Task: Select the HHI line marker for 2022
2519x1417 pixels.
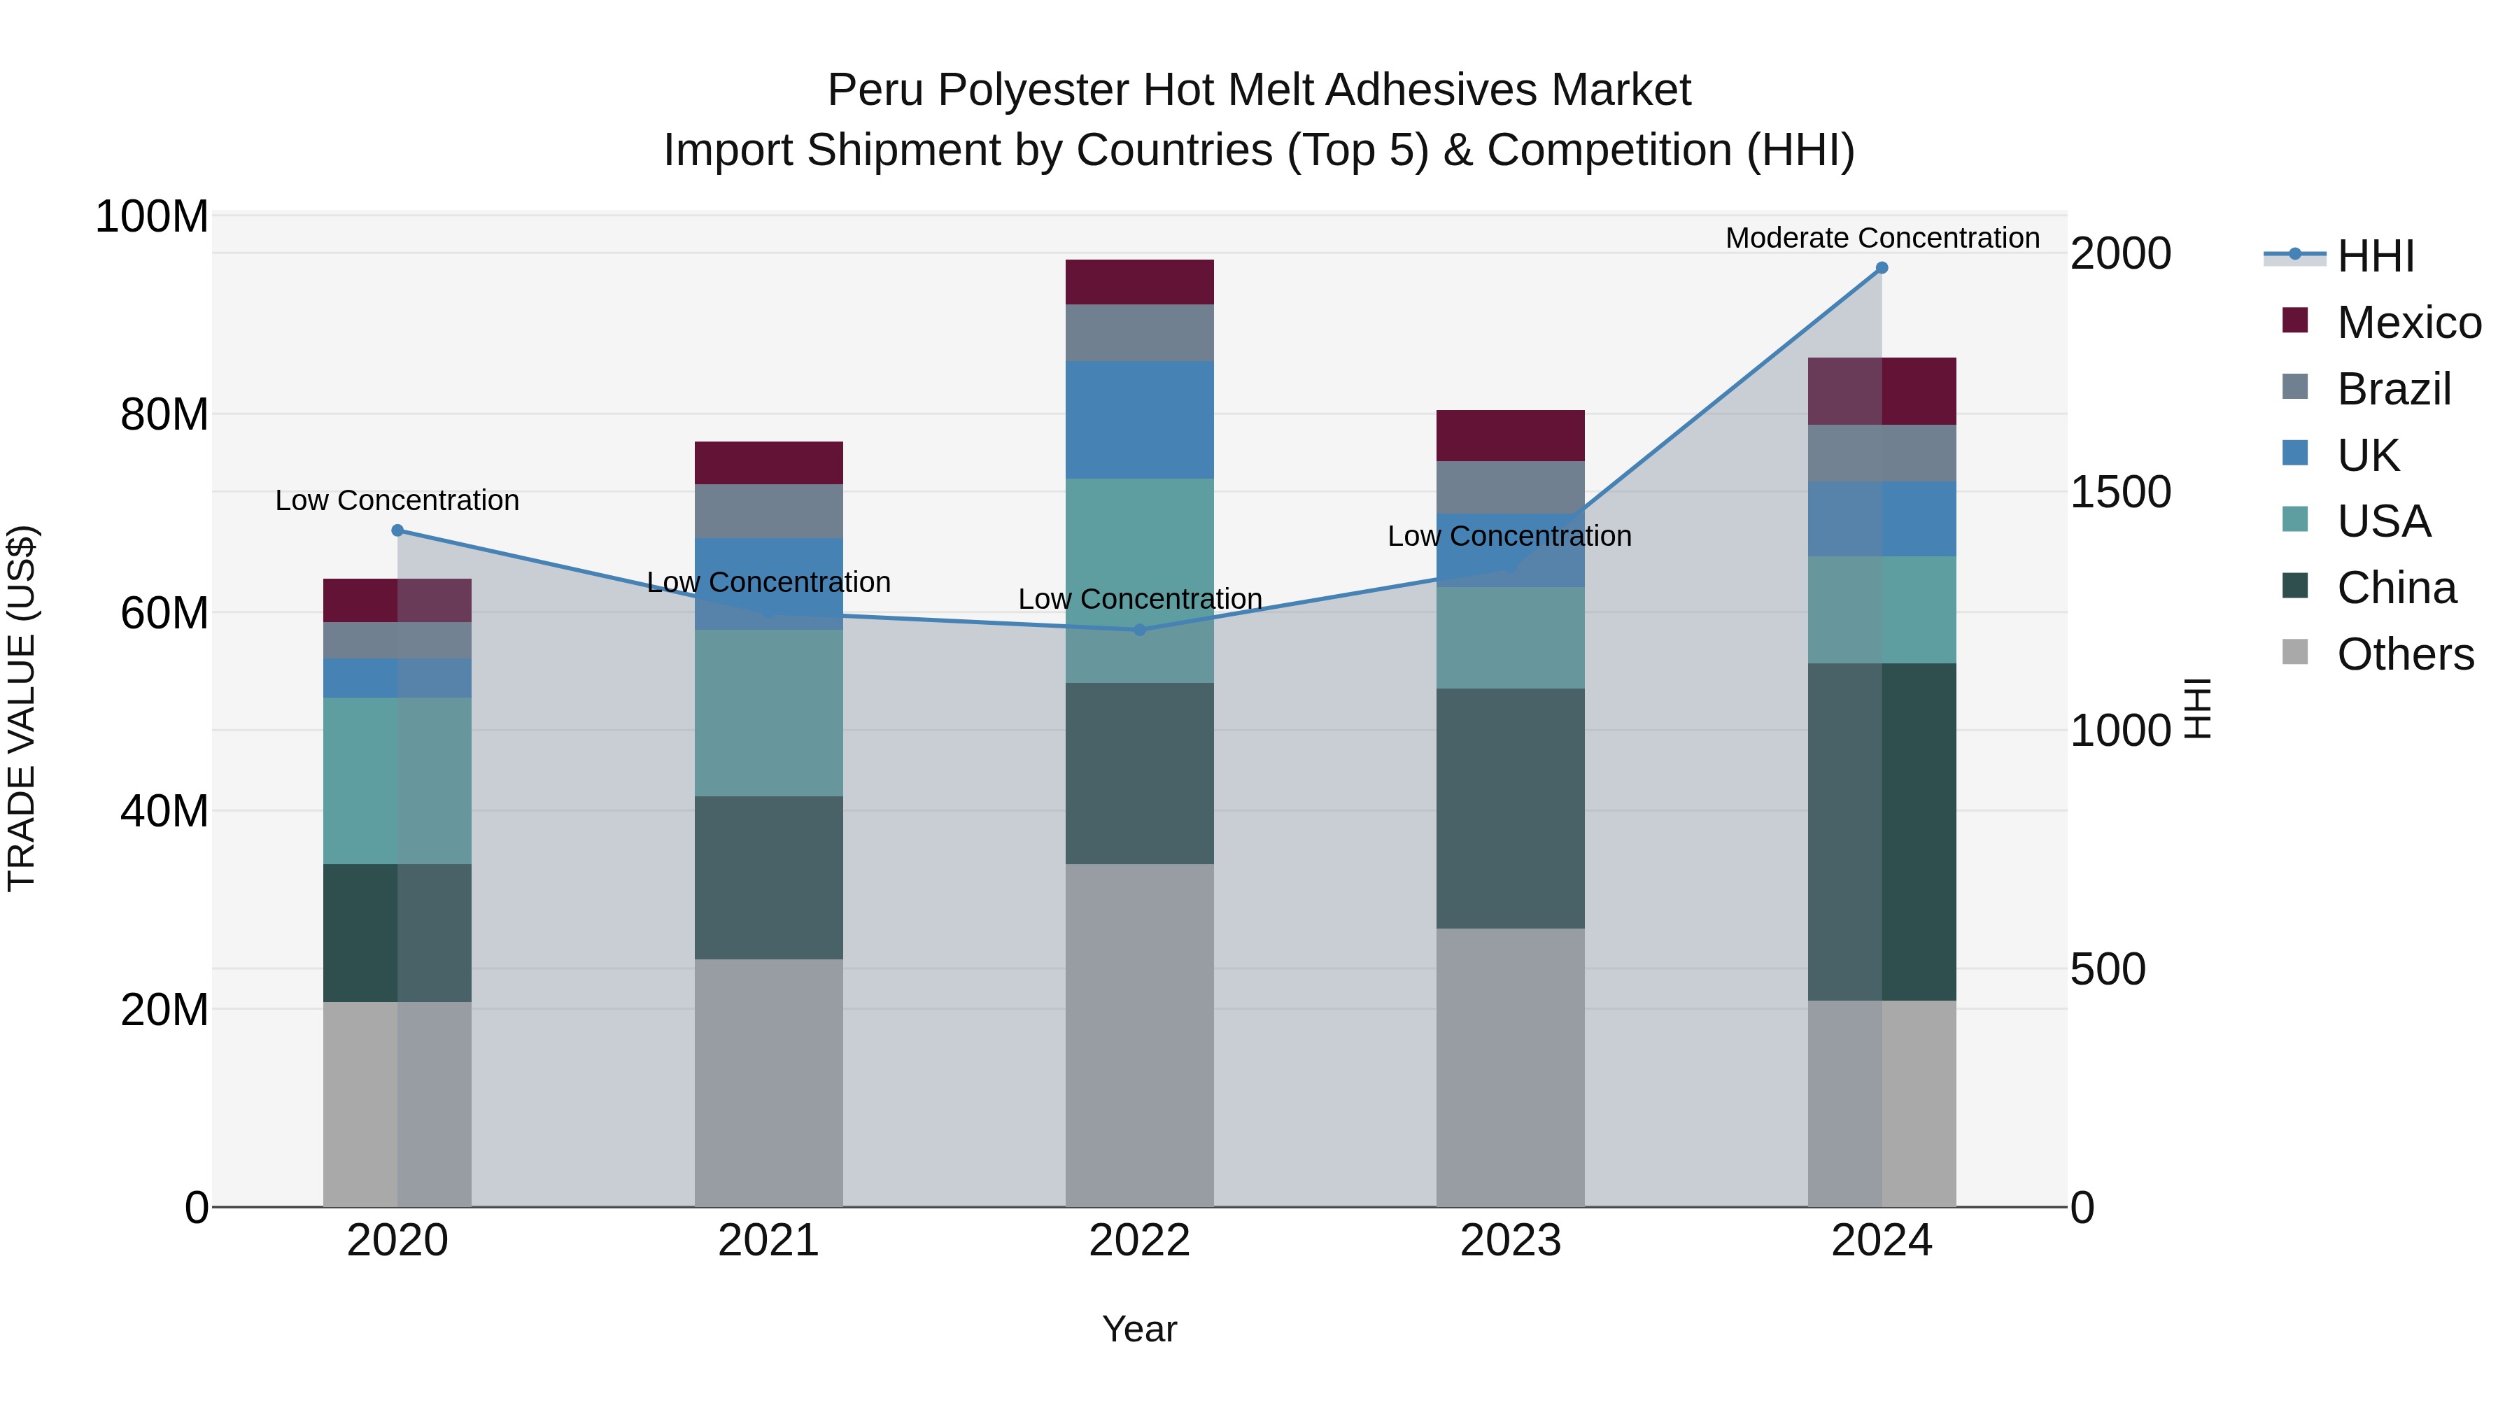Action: click(1139, 630)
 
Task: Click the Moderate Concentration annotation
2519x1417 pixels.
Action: click(1882, 238)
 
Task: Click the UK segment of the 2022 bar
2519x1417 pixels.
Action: click(1139, 420)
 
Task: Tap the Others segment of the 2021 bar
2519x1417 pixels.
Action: click(768, 1083)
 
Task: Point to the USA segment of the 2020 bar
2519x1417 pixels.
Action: click(397, 780)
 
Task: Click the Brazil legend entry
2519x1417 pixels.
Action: click(2393, 389)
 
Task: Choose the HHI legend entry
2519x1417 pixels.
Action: click(2374, 256)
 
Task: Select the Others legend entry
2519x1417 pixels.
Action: click(2404, 654)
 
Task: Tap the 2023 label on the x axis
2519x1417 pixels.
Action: click(1510, 1241)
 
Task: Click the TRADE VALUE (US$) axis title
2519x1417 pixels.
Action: click(22, 708)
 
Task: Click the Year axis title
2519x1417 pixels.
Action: click(1139, 1329)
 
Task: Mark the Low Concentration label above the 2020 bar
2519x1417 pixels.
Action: click(397, 500)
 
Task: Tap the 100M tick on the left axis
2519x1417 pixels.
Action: click(152, 216)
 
